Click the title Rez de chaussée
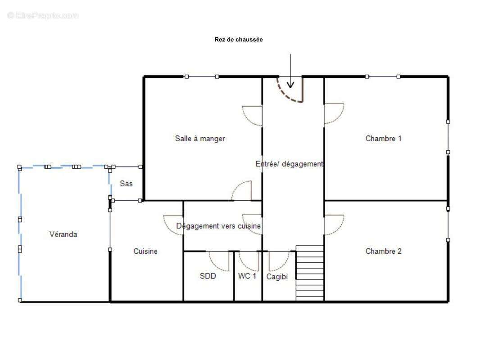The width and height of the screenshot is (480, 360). (239, 40)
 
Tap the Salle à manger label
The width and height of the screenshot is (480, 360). (200, 139)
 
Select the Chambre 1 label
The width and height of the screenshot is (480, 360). (383, 139)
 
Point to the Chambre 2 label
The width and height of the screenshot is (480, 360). (383, 251)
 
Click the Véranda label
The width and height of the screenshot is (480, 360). (63, 234)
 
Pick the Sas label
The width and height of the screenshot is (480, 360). (126, 184)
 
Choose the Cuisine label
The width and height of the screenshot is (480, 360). (145, 251)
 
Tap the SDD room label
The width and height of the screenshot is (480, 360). (208, 276)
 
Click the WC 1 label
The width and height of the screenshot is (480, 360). (247, 276)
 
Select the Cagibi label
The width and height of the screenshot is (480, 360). (277, 277)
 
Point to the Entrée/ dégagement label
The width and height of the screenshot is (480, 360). (289, 164)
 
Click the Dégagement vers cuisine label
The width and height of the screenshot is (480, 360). (218, 226)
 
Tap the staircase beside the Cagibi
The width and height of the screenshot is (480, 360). (310, 273)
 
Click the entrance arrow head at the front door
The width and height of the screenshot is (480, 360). (290, 85)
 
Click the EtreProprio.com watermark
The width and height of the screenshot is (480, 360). (43, 15)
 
